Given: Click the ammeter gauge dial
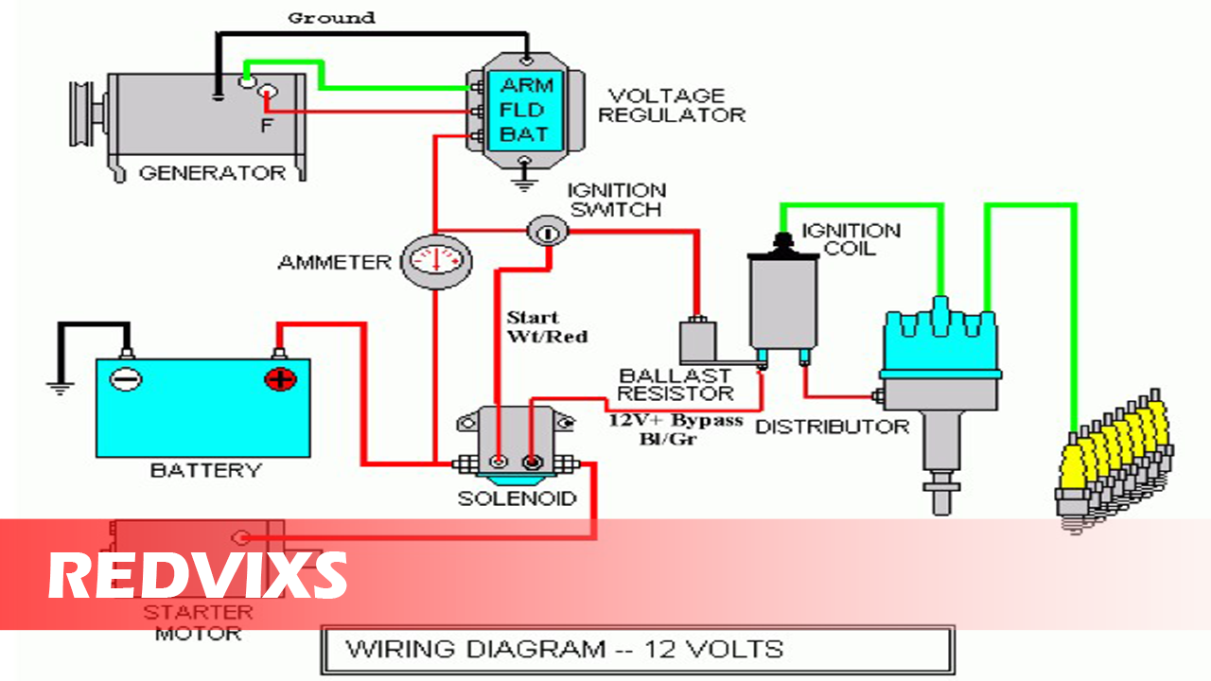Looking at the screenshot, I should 436,260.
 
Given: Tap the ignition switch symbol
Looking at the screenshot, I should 546,230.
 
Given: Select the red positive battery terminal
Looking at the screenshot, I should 280,379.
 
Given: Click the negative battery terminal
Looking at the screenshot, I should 125,379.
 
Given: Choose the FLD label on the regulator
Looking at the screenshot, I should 523,110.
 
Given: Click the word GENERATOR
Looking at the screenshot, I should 212,173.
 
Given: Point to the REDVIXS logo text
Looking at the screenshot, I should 198,574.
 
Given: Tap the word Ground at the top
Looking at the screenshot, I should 331,18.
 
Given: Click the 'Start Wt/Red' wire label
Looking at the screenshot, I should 547,326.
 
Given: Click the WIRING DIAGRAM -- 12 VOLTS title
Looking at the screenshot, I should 565,650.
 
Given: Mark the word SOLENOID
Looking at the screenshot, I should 517,498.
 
